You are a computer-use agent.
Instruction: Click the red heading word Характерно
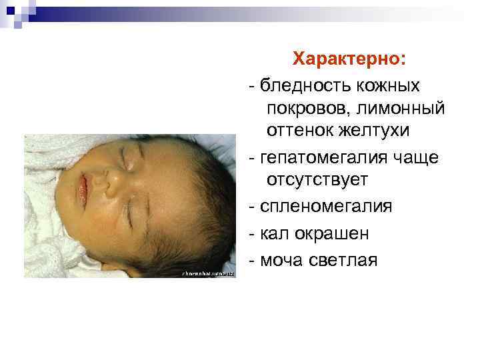tap(347, 59)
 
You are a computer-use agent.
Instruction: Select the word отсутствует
tap(317, 180)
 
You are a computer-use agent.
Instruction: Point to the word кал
tap(271, 233)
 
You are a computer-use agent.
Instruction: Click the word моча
tap(281, 260)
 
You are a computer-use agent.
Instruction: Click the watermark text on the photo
tap(207, 273)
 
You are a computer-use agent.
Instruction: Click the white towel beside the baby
tap(47, 220)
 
